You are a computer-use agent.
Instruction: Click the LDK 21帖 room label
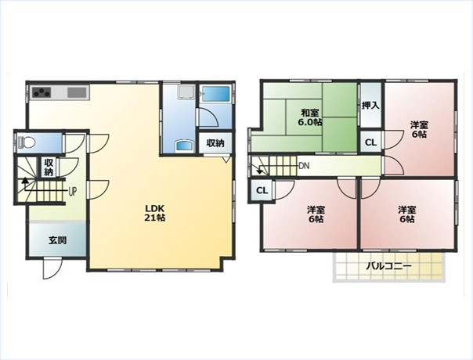click(155, 213)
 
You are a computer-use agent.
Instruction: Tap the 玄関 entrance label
click(57, 240)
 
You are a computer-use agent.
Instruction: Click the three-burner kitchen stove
click(42, 92)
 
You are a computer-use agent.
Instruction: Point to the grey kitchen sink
click(77, 92)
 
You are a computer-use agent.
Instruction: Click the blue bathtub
click(215, 94)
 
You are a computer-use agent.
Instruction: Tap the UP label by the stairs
click(72, 192)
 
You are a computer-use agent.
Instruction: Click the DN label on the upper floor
click(304, 166)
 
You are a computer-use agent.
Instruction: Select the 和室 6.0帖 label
click(310, 117)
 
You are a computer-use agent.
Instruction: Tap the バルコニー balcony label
click(389, 266)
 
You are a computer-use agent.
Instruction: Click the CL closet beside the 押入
click(370, 142)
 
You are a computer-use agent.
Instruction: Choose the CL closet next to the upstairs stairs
click(262, 190)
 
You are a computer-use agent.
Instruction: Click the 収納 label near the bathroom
click(215, 143)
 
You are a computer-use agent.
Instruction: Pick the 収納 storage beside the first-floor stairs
click(49, 167)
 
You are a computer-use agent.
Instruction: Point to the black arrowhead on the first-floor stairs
click(25, 181)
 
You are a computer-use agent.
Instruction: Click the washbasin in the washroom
click(184, 146)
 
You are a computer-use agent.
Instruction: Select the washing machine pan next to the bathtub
click(186, 92)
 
